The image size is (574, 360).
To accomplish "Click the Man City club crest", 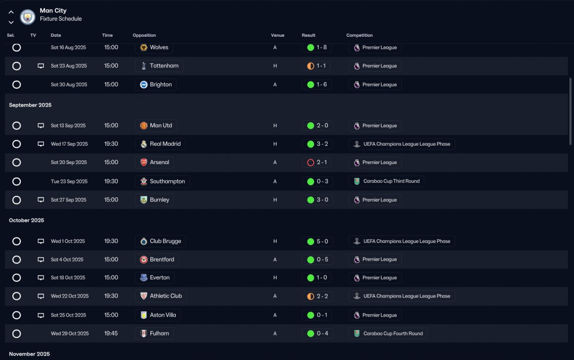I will pos(28,17).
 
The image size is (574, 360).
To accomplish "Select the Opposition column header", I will pos(144,35).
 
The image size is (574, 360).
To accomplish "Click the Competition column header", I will pos(359,35).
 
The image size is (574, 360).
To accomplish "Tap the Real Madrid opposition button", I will pos(160,144).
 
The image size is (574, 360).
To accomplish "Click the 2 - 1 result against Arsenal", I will pos(317,162).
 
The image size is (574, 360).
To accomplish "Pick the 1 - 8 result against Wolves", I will pos(317,48).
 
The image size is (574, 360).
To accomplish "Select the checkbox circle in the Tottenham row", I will pos(17,66).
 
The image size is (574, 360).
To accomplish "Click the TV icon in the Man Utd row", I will pos(41,126).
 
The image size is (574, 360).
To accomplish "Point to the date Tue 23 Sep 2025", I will pos(69,182).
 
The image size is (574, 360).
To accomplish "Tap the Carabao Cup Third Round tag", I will pos(386,181).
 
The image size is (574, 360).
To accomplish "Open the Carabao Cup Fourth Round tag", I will pos(388,334).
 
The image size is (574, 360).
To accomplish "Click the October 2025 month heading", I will pos(26,221).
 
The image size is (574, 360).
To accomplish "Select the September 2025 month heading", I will pos(30,105).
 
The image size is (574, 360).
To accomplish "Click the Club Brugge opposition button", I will pos(160,241).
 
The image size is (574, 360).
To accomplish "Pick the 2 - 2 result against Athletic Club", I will pos(317,296).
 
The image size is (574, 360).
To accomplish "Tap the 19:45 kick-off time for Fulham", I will pos(111,334).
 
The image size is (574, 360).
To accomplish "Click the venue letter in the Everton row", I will pos(275,278).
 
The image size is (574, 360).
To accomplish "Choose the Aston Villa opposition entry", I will pos(158,315).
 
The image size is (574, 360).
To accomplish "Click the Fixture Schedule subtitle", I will pos(61,19).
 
